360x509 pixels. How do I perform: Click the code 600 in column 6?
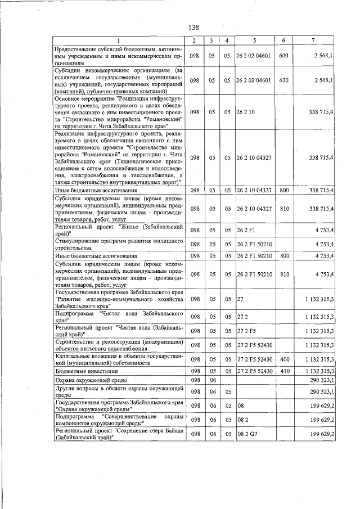tap(283, 56)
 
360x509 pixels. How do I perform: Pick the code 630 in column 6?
tap(283, 80)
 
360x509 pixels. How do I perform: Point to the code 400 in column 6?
tap(283, 359)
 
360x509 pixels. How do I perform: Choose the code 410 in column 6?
tap(283, 371)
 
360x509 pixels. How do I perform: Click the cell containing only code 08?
tap(240, 405)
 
